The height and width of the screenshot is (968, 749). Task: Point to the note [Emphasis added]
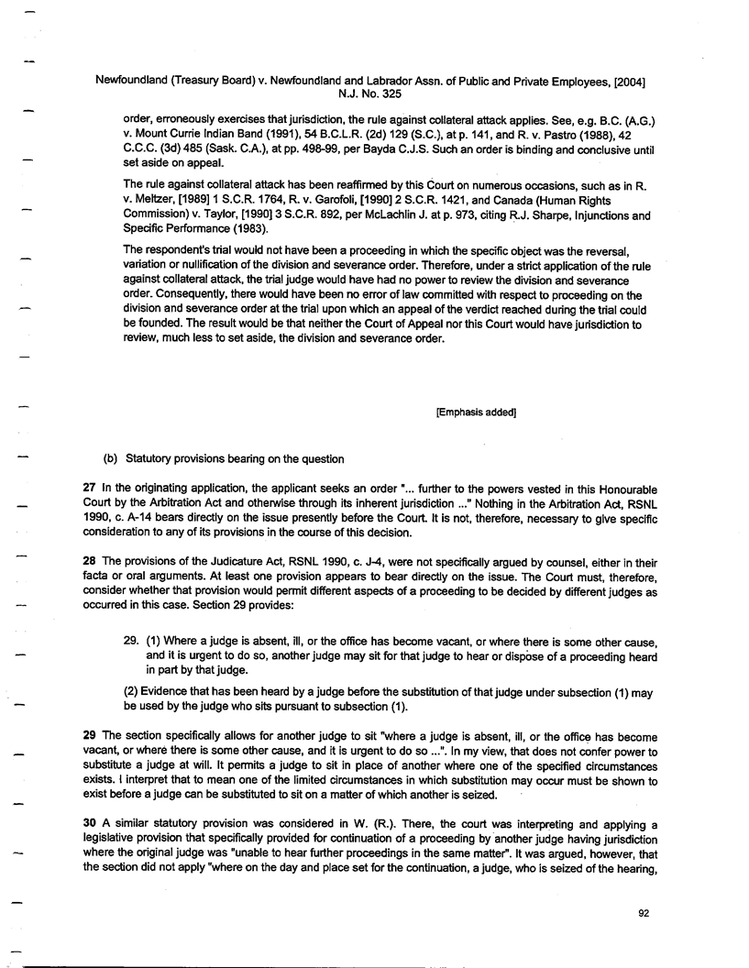tap(476, 412)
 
